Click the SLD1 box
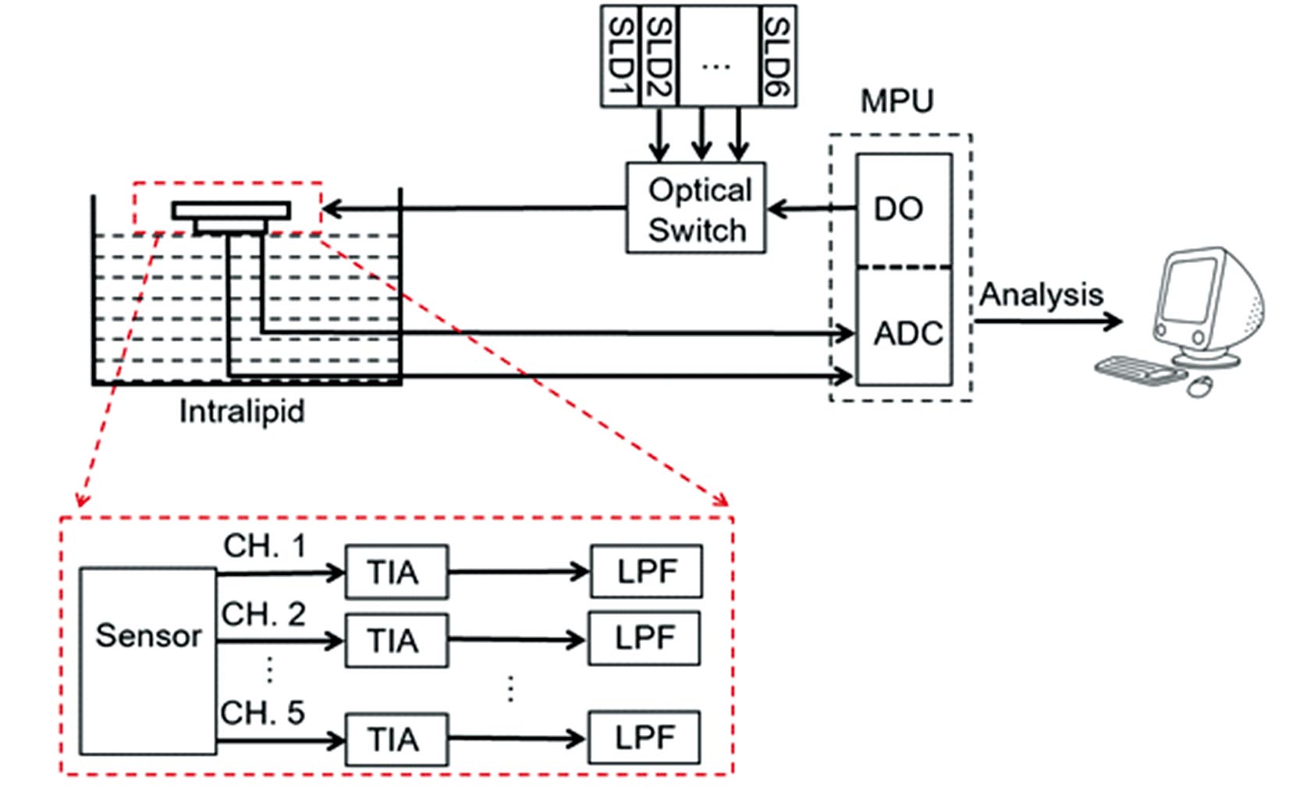point(620,56)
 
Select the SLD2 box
point(659,56)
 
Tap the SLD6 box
point(777,56)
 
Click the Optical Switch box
point(696,208)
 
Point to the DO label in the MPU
point(898,209)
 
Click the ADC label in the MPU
point(907,333)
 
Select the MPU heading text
point(897,101)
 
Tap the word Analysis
point(1041,295)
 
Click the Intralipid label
point(242,411)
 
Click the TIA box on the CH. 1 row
point(396,573)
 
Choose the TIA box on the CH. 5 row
point(396,739)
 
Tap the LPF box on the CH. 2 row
point(645,639)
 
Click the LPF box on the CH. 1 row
point(647,572)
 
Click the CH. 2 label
point(263,615)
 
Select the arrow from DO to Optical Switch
point(812,209)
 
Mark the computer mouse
point(1199,385)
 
